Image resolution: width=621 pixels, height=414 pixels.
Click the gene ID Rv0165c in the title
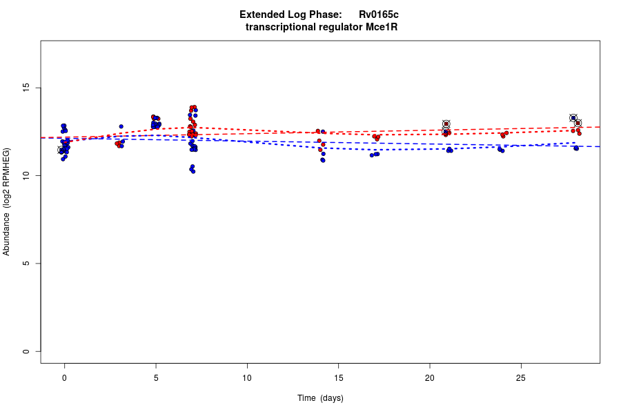click(378, 14)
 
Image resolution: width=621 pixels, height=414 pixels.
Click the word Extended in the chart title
click(262, 14)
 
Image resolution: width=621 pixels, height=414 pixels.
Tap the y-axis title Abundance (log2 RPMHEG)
click(7, 201)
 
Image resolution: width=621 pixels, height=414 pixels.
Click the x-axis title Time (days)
click(320, 398)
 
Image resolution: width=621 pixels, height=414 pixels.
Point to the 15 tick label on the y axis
click(26, 88)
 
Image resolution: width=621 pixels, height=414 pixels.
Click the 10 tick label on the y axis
click(26, 176)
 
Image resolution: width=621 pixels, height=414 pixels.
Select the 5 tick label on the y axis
click(26, 264)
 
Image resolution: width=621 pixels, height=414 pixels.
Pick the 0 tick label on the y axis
click(26, 351)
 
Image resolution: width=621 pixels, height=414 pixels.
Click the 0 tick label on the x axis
click(64, 377)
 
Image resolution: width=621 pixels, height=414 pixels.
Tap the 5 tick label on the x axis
click(156, 377)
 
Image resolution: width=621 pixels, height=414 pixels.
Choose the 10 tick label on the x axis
click(247, 377)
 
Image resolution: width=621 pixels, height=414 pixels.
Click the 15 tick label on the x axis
click(338, 377)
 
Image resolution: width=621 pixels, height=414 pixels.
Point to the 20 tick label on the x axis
click(429, 377)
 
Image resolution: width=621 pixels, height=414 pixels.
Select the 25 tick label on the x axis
click(521, 377)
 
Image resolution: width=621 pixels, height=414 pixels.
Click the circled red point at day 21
click(446, 124)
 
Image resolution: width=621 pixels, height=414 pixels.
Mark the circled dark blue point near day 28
click(573, 118)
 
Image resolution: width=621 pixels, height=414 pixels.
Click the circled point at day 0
click(61, 150)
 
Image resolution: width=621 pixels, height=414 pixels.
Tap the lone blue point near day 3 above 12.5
click(121, 126)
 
